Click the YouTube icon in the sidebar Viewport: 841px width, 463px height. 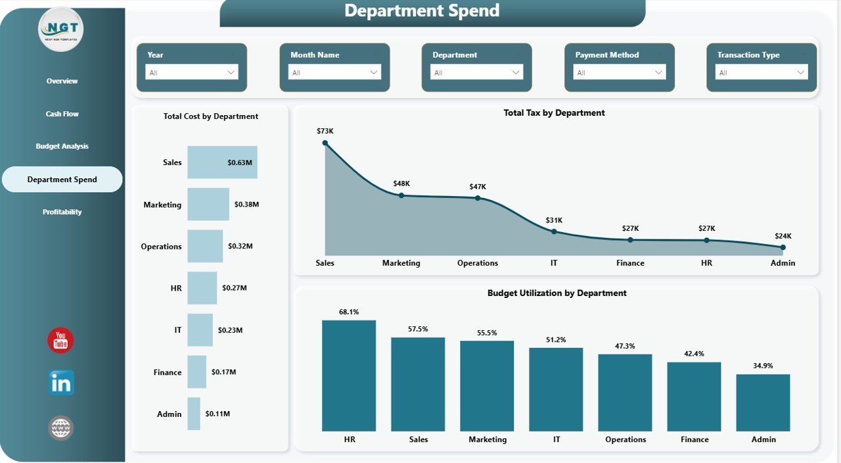pos(60,340)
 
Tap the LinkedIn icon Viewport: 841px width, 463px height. pos(61,383)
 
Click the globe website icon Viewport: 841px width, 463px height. pos(60,428)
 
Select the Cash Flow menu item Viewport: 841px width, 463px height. pos(62,114)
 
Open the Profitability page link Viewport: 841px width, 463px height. pos(62,212)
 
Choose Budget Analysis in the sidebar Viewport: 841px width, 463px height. pos(62,146)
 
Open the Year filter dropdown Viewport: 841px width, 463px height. pos(192,72)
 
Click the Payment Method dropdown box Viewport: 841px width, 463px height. pos(620,72)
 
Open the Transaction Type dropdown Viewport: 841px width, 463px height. pos(761,72)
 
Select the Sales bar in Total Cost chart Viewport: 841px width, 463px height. pos(222,162)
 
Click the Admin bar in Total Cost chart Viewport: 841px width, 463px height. pos(193,414)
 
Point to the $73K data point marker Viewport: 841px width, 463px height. pos(325,143)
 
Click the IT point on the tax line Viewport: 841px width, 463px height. pos(554,231)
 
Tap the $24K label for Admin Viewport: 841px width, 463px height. pos(783,236)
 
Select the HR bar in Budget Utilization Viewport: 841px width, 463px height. pos(349,376)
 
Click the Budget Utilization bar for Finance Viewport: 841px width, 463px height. pos(694,397)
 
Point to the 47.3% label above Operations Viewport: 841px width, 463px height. pos(625,346)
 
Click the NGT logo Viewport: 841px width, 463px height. pos(61,29)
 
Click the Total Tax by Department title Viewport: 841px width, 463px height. pos(554,113)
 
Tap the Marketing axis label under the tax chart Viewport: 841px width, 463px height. pos(401,263)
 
